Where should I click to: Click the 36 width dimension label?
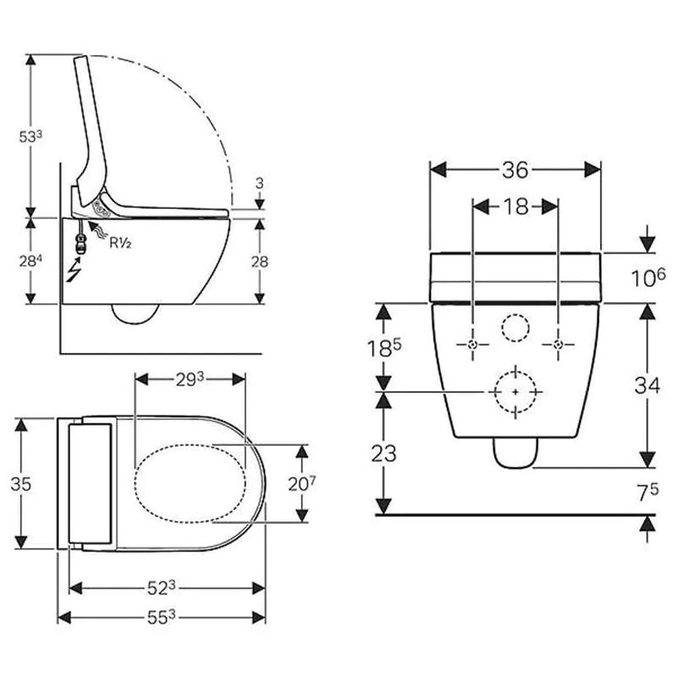click(515, 170)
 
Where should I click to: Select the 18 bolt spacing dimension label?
click(515, 206)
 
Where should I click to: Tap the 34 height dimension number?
click(647, 385)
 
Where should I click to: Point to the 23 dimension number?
click(383, 454)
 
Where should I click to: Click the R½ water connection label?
click(120, 243)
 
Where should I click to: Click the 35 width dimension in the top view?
click(20, 484)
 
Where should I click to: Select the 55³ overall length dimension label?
click(161, 618)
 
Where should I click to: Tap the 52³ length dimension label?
click(161, 587)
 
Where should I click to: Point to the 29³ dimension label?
click(190, 379)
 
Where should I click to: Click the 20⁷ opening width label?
click(302, 483)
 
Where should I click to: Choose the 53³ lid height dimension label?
click(30, 136)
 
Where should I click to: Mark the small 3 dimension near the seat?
click(259, 184)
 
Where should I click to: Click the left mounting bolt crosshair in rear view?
click(473, 344)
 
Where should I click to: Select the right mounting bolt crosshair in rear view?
click(559, 344)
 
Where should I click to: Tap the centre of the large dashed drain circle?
click(515, 392)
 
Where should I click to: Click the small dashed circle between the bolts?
click(515, 327)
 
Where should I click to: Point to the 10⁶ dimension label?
click(648, 278)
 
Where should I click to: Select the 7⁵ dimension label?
click(648, 493)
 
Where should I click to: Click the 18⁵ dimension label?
click(384, 348)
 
